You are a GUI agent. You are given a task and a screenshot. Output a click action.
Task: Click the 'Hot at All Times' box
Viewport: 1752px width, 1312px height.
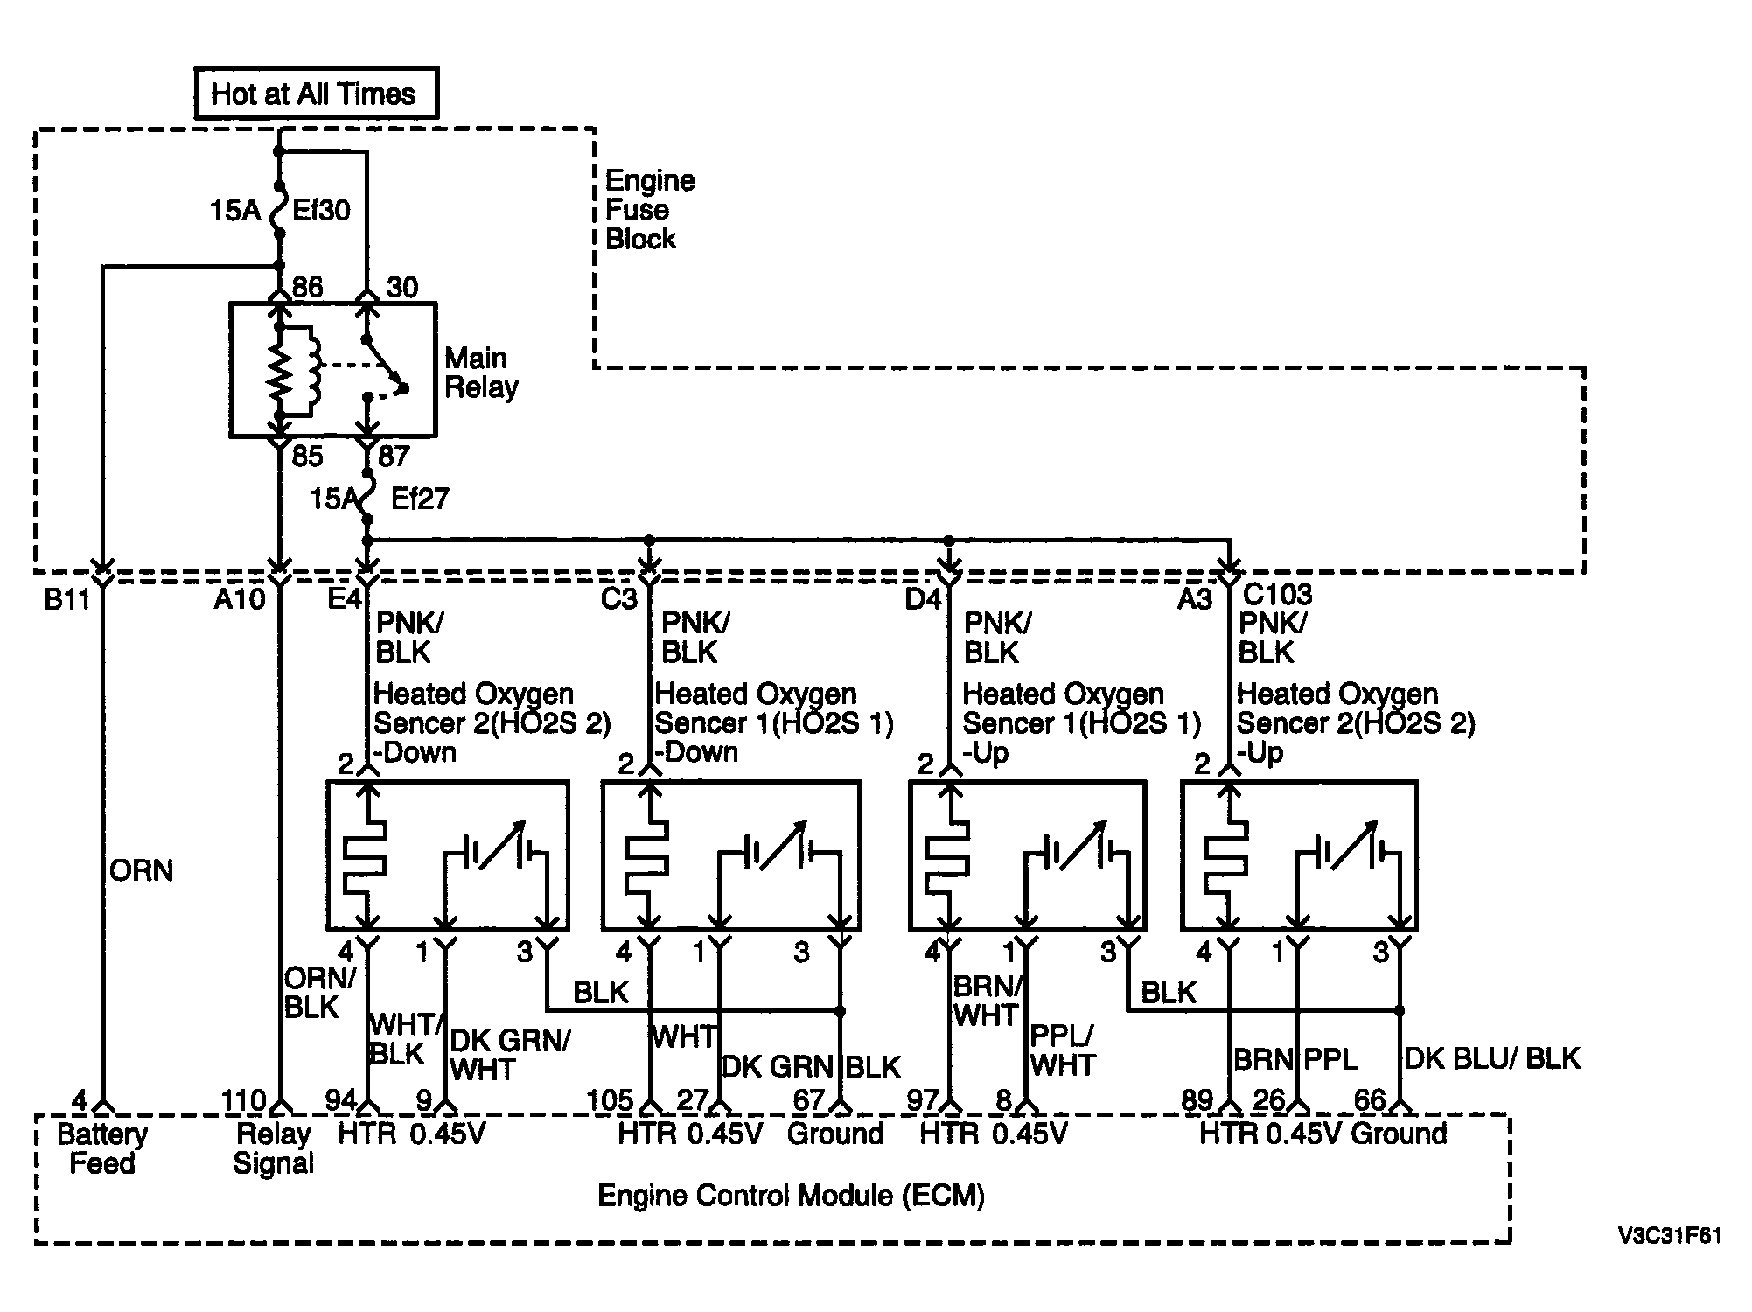(x=316, y=93)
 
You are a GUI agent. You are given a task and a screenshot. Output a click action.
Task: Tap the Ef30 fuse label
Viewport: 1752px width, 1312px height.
(x=321, y=210)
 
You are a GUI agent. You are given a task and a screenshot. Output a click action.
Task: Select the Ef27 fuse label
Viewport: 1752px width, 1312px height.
(x=420, y=499)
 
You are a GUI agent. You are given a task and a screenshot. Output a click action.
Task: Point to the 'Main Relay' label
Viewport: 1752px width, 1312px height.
(x=481, y=372)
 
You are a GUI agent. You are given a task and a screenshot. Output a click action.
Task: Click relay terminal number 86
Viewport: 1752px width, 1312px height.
(x=307, y=287)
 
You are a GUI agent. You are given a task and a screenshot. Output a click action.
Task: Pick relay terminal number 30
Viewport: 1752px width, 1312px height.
(x=402, y=287)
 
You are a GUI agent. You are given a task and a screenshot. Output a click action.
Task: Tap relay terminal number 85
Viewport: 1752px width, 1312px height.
(x=307, y=456)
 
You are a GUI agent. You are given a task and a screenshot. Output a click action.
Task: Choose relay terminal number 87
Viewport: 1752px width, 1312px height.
(x=394, y=456)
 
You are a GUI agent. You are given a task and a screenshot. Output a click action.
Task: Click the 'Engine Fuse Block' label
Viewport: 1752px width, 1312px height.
(x=650, y=210)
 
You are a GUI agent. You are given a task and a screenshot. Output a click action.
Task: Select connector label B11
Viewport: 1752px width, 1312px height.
(x=67, y=600)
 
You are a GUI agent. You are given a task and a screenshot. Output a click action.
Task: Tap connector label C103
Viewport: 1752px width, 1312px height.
(x=1277, y=595)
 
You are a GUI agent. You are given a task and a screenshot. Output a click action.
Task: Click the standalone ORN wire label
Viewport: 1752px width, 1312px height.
(x=142, y=870)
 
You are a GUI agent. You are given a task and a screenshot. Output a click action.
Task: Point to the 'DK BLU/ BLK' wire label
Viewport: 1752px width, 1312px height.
(x=1492, y=1058)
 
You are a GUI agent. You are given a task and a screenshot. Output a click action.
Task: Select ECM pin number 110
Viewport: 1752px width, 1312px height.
(x=244, y=1100)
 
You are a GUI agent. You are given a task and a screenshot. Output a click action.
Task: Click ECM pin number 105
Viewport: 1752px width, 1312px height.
(x=610, y=1100)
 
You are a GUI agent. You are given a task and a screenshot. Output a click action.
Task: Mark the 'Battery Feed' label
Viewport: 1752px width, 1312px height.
(x=102, y=1148)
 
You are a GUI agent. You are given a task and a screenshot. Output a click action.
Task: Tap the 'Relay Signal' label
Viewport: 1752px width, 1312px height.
(x=274, y=1148)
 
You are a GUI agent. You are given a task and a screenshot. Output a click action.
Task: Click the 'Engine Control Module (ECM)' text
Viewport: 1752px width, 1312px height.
(x=791, y=1195)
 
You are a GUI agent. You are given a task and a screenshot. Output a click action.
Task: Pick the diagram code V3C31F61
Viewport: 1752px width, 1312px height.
(x=1669, y=1236)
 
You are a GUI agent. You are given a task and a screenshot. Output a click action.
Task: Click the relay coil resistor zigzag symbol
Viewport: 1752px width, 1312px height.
(x=280, y=370)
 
